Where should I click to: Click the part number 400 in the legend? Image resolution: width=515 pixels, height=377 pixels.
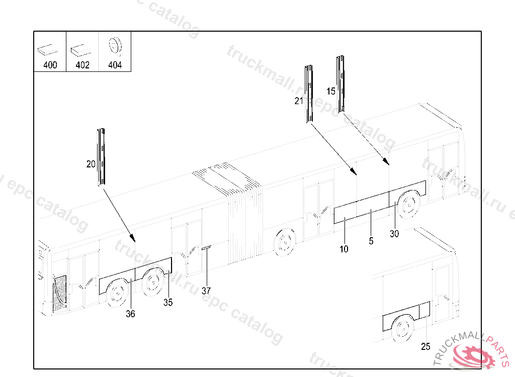click(x=50, y=65)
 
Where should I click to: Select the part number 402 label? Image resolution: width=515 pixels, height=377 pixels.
click(x=82, y=65)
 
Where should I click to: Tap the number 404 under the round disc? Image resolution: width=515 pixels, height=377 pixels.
click(x=115, y=65)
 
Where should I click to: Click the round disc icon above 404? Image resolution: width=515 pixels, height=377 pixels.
click(x=115, y=46)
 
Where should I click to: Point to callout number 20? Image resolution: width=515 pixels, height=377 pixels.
click(x=91, y=164)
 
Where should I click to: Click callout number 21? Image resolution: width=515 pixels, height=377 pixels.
click(x=299, y=101)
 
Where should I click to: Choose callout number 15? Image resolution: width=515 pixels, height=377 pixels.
click(x=330, y=91)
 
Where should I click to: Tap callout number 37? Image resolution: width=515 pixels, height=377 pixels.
click(x=206, y=291)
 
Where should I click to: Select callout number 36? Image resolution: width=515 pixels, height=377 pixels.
click(x=130, y=314)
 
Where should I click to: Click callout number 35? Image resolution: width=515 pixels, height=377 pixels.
click(x=168, y=303)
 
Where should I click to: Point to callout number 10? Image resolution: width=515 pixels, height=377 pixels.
click(x=344, y=249)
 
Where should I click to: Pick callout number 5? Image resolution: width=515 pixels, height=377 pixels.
click(x=371, y=241)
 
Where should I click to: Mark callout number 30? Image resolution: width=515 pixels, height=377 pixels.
click(x=394, y=234)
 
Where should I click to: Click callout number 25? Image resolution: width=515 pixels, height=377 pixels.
click(x=425, y=346)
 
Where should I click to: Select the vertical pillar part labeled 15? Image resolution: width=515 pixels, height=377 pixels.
click(x=341, y=83)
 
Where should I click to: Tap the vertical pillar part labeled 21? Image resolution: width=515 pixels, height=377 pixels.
click(x=308, y=94)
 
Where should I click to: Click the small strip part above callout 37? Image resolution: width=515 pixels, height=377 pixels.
click(x=206, y=248)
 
